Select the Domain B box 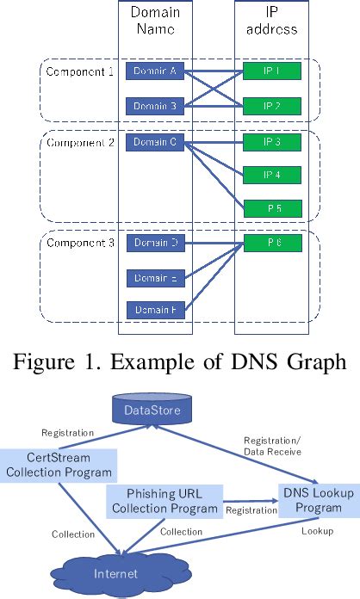click(155, 106)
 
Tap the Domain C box click(155, 141)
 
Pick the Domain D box click(155, 244)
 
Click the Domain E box click(155, 277)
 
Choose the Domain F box click(155, 309)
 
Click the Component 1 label click(79, 71)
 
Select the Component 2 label click(79, 141)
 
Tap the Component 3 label click(79, 244)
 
